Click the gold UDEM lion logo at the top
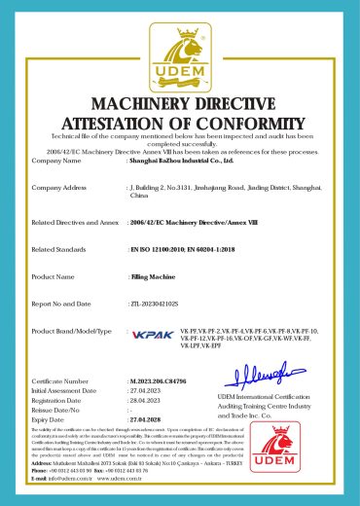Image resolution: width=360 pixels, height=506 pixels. coord(179,54)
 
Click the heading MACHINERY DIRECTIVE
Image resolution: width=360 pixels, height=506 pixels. coord(180,104)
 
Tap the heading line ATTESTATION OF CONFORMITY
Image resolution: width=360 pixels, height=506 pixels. coord(180,124)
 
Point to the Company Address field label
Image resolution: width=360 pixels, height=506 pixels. coord(60,186)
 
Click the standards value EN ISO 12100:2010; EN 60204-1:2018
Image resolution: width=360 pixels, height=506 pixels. coord(185,250)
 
